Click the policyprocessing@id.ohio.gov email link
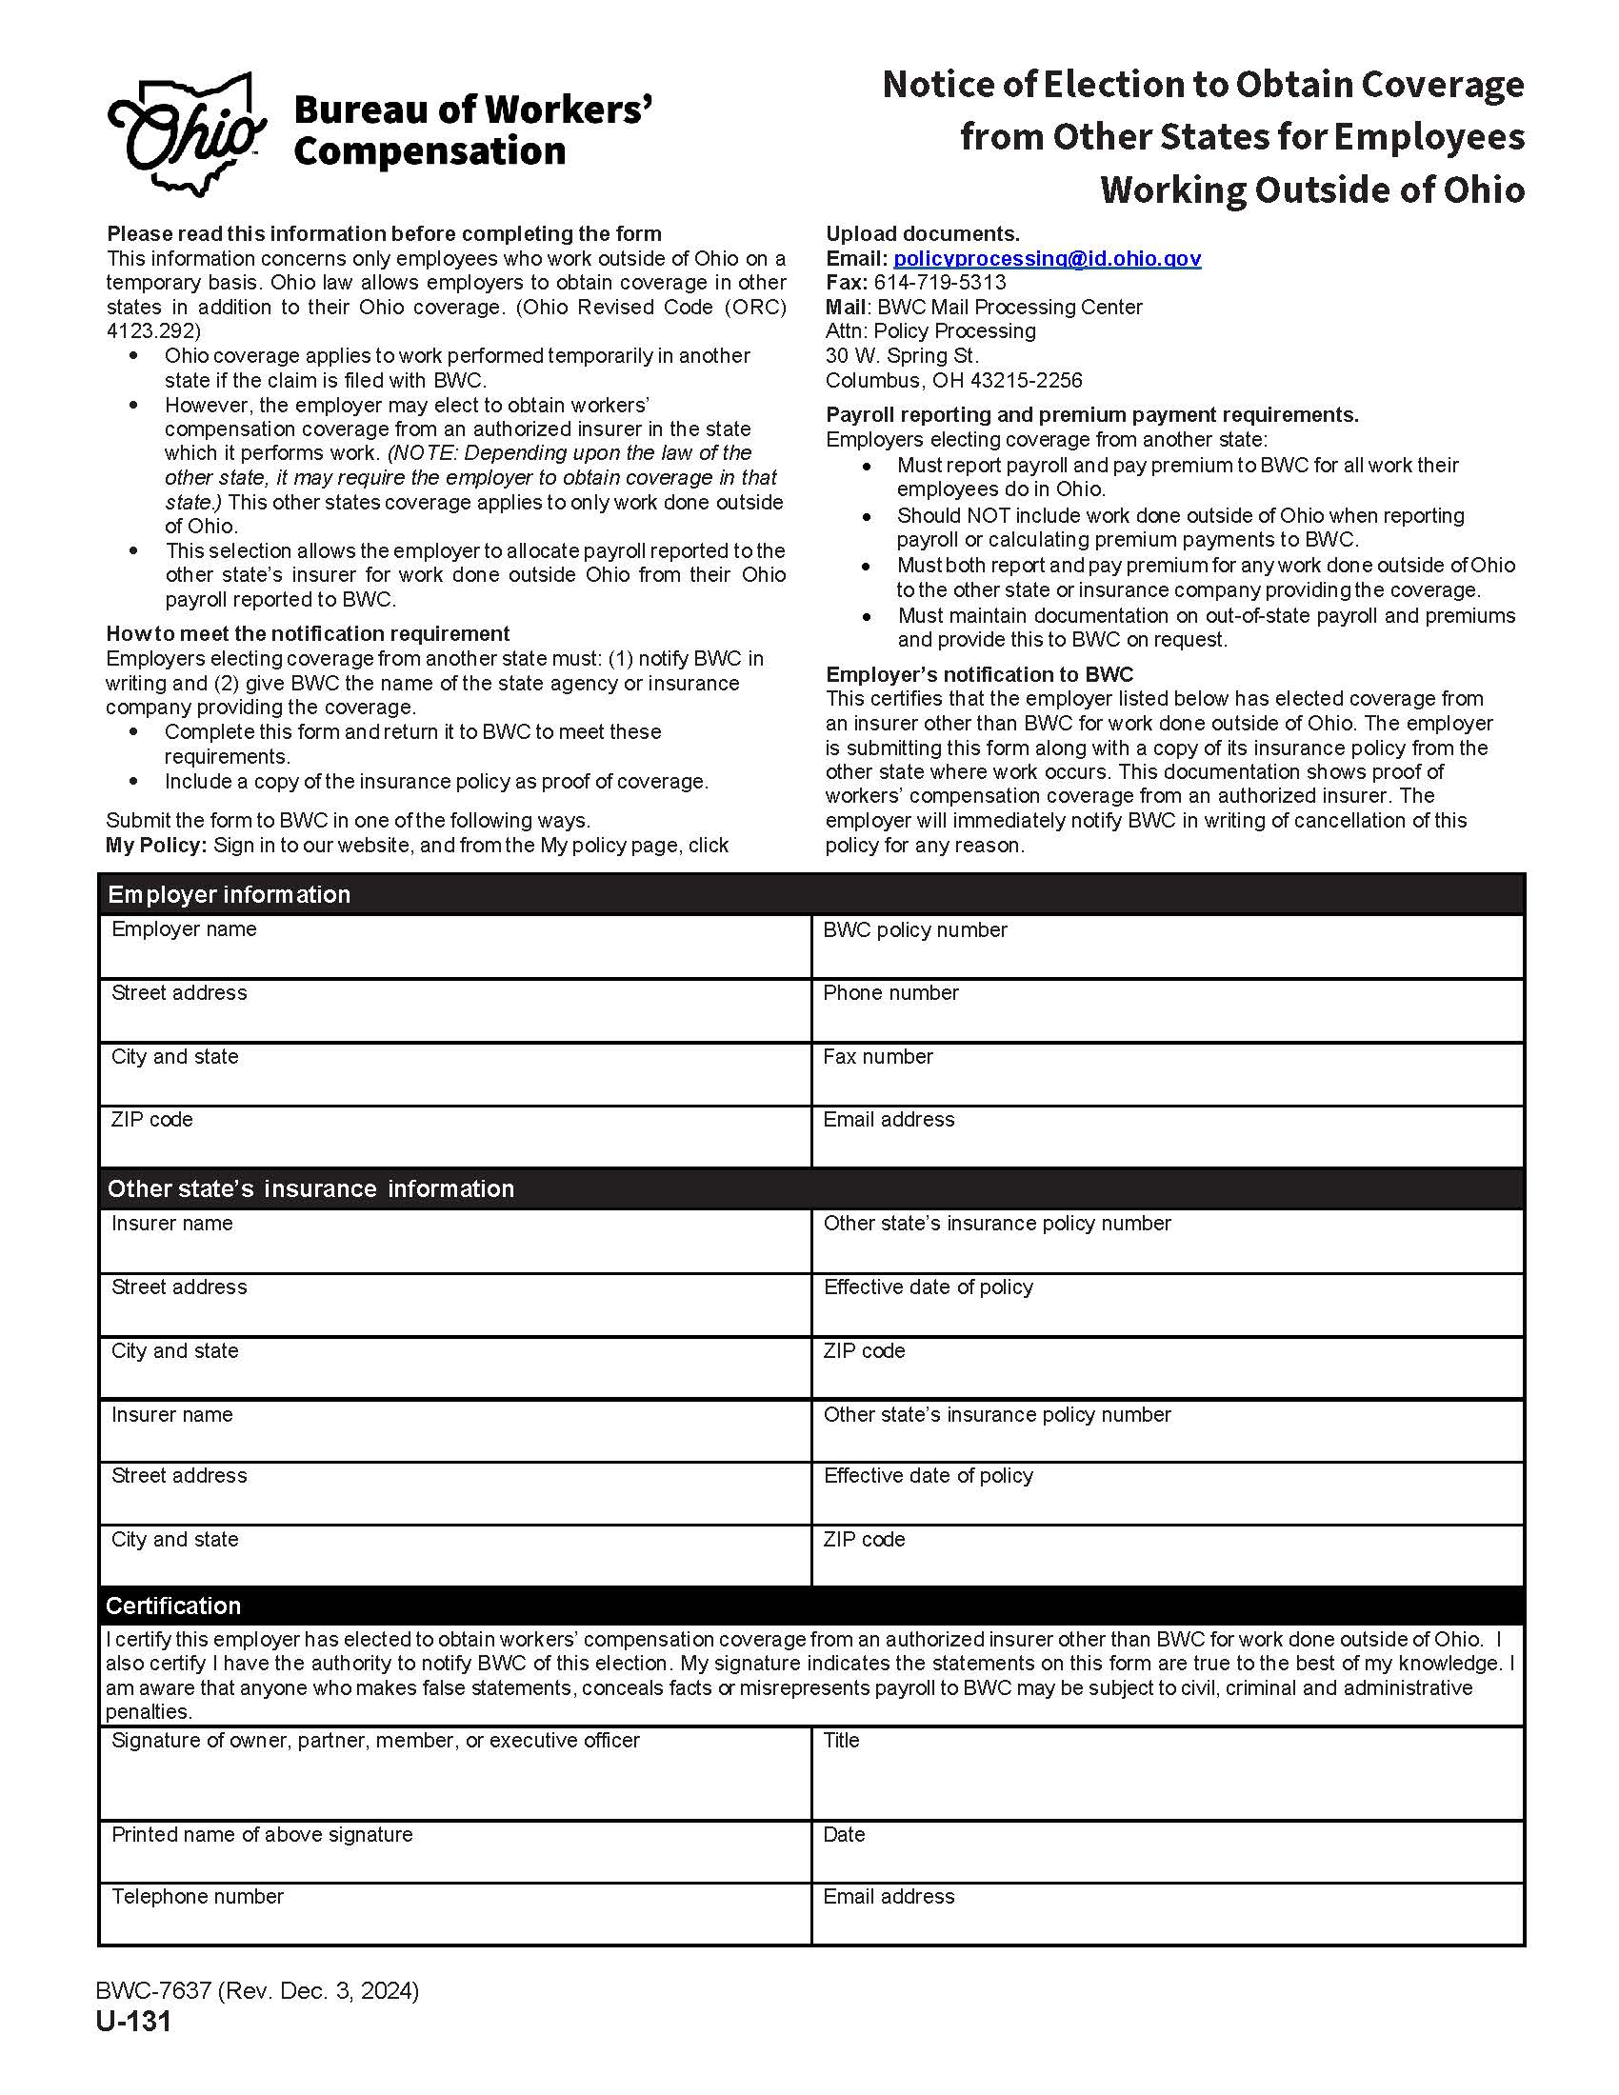[1047, 258]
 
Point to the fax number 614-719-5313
[939, 282]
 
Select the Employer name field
[454, 955]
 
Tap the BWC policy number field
[1167, 955]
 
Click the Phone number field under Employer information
[1167, 1019]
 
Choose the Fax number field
[1167, 1082]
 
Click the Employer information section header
[230, 894]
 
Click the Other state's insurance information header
[310, 1188]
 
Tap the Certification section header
[172, 1606]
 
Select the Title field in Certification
[1167, 1781]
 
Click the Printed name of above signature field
[454, 1859]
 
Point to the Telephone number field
[454, 1922]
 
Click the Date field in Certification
[1167, 1859]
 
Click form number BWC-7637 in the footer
[153, 1990]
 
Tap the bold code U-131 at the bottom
[133, 2021]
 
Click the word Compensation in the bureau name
[429, 151]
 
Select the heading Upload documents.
[922, 234]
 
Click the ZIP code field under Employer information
[454, 1145]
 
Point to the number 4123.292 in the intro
[153, 331]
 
